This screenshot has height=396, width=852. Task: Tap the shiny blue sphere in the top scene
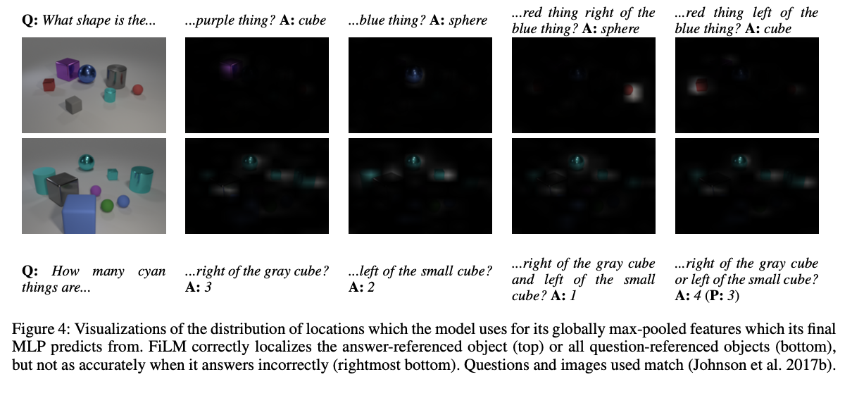click(87, 73)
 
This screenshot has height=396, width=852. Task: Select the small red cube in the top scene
click(49, 85)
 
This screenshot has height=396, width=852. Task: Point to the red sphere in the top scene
click(138, 89)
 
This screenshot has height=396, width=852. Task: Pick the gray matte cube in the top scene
click(73, 105)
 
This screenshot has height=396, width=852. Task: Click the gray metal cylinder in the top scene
click(116, 77)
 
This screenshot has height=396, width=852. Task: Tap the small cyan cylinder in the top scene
click(109, 94)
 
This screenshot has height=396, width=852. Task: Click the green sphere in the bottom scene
click(107, 206)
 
